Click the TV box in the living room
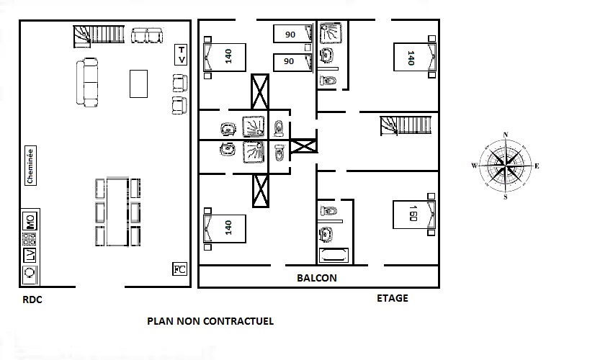(181, 55)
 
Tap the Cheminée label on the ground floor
(30, 166)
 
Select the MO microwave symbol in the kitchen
(30, 221)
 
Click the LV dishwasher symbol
(30, 256)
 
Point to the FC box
(179, 269)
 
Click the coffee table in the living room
(139, 84)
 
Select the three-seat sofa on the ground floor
(86, 82)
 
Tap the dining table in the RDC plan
(117, 212)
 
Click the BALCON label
(317, 278)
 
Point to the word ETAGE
(393, 298)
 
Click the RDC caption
(32, 300)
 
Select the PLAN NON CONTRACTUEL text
(210, 321)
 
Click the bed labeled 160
(414, 215)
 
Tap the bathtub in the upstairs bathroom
(334, 256)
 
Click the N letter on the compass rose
(506, 135)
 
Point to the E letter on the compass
(537, 166)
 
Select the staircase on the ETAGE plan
(406, 125)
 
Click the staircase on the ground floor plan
(99, 36)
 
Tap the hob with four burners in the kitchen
(30, 239)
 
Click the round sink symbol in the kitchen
(30, 272)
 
